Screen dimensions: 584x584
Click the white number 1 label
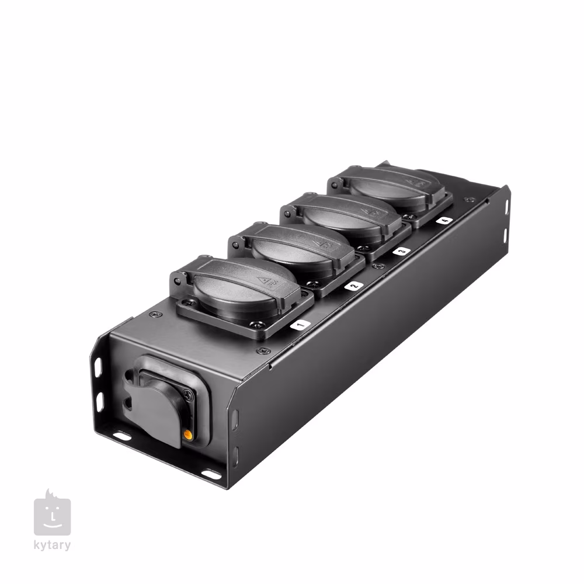click(x=300, y=325)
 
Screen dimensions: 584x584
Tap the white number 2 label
click(x=353, y=286)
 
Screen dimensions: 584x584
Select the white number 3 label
click(x=402, y=251)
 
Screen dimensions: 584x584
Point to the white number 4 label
click(x=444, y=221)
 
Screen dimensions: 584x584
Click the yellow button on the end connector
click(x=187, y=434)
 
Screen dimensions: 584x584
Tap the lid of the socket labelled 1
click(x=242, y=284)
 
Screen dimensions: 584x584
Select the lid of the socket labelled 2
click(x=298, y=246)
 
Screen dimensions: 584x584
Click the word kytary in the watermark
click(x=52, y=545)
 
